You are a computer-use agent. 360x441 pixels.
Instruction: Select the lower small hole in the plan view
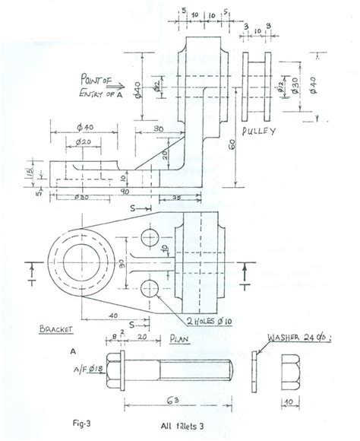pos(149,289)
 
